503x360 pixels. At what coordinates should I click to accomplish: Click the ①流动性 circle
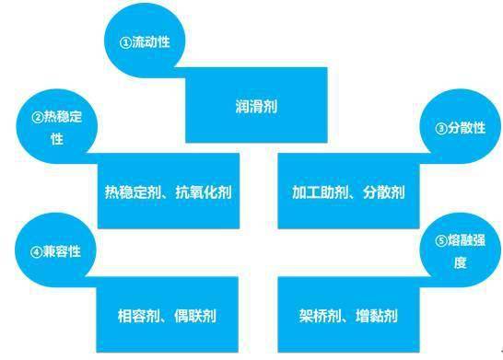click(x=146, y=43)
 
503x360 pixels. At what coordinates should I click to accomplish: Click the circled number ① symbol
click(x=126, y=43)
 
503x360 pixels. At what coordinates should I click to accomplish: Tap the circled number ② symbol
click(x=38, y=117)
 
